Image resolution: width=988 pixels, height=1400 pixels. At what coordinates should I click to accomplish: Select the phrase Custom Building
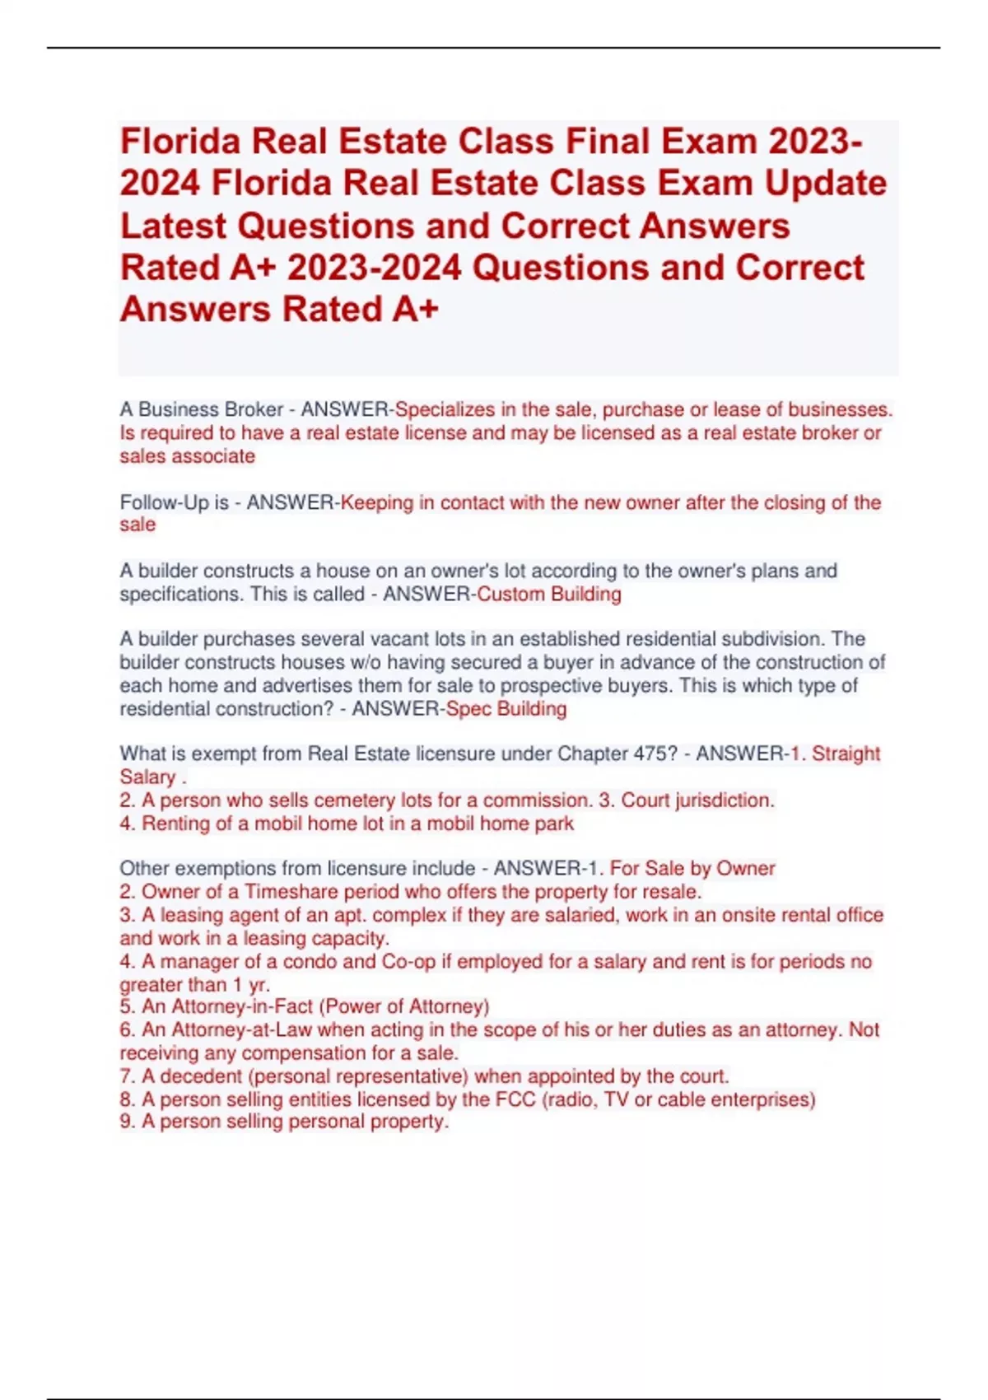coord(549,594)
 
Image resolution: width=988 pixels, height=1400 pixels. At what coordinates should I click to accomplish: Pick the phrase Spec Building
coord(506,709)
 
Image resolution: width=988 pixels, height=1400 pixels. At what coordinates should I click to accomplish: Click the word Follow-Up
coord(163,502)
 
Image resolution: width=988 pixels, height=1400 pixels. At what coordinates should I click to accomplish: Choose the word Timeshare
coord(291,892)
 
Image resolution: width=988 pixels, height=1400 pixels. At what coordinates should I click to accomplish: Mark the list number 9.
coord(126,1122)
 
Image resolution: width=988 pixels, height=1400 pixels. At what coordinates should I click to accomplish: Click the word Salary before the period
coord(147,777)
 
